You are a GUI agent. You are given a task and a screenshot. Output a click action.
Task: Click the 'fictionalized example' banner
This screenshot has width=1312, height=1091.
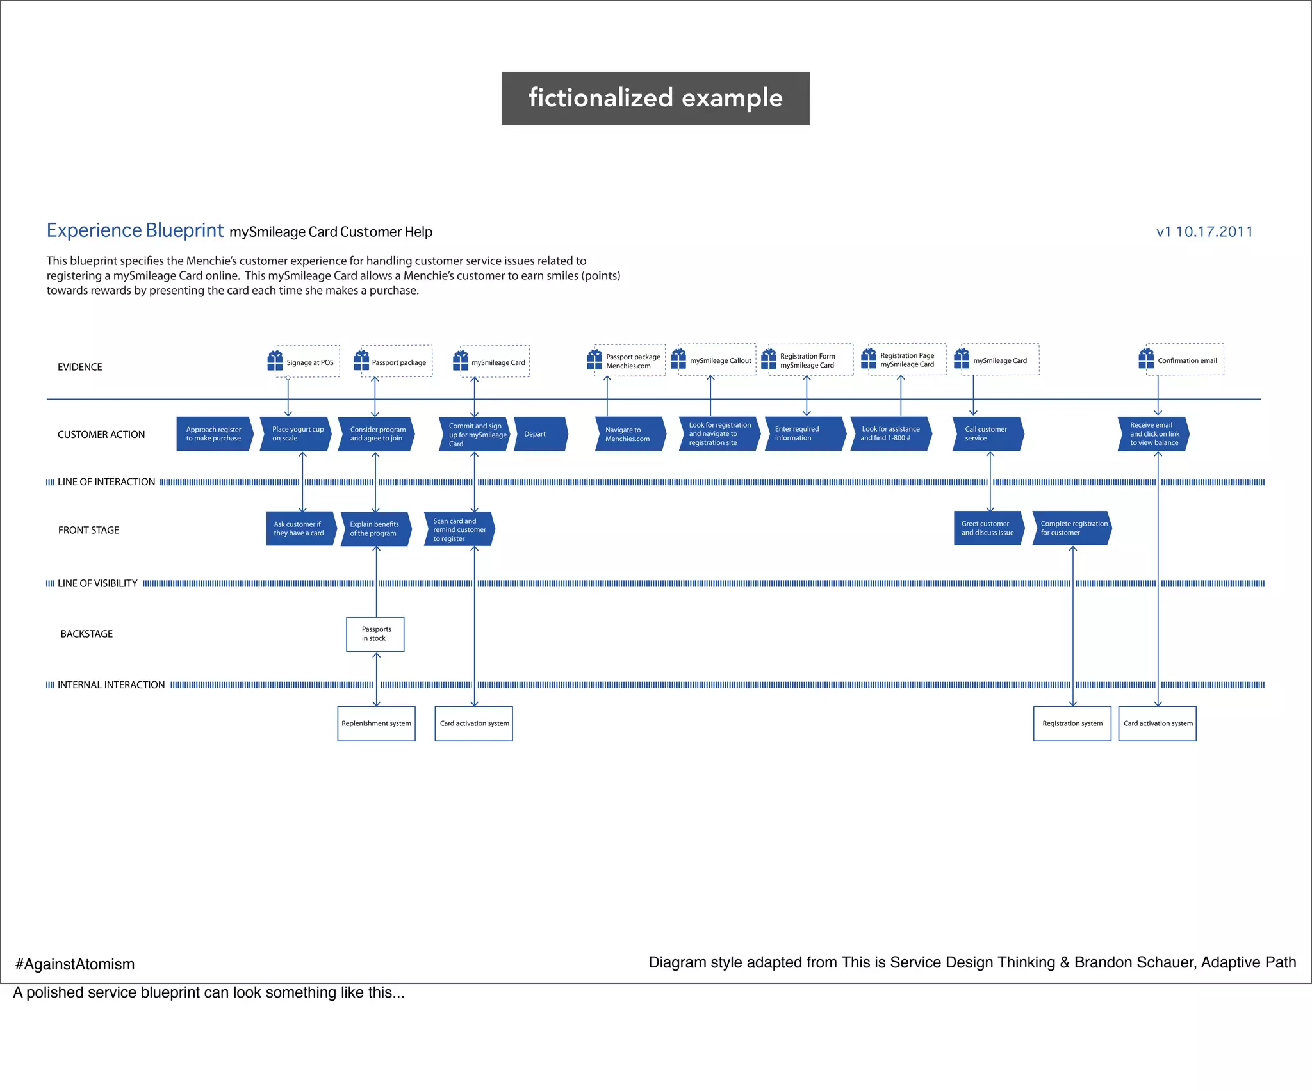(655, 98)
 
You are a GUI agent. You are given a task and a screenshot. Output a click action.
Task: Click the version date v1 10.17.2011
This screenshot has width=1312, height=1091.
(1204, 232)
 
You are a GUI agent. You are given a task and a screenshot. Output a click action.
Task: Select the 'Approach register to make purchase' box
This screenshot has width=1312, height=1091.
(214, 434)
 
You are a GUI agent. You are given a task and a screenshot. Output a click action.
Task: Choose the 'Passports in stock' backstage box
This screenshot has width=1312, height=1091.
(375, 634)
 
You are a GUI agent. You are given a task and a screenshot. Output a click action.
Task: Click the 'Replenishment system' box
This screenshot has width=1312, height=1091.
(376, 723)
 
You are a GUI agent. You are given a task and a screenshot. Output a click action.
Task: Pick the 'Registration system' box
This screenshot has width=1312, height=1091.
(1072, 723)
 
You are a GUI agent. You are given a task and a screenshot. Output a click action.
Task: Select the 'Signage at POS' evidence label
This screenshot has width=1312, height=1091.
(310, 362)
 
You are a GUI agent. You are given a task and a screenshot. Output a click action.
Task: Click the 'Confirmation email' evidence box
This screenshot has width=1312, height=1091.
(1186, 360)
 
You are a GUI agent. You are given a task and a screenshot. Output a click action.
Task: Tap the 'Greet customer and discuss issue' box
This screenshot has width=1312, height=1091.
(987, 528)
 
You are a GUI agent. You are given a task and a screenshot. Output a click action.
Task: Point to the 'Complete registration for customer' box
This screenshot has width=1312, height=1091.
(1072, 528)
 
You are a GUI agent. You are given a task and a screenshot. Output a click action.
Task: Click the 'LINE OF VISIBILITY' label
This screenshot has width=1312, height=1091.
(97, 583)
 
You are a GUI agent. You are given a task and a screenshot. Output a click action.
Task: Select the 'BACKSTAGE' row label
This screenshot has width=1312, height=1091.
(86, 634)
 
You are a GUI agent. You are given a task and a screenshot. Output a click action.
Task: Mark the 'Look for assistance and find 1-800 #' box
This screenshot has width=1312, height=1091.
(890, 433)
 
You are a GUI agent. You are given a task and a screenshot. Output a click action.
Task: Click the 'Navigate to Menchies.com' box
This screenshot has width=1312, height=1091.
(629, 434)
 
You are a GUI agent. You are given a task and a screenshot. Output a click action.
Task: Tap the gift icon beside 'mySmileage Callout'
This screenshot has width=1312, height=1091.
(678, 359)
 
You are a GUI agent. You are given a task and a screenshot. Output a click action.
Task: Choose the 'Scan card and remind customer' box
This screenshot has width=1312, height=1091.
(459, 529)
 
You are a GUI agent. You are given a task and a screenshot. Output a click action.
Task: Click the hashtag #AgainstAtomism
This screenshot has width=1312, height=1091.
(75, 964)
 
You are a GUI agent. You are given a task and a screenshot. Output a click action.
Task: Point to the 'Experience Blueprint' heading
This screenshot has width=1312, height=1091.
(135, 230)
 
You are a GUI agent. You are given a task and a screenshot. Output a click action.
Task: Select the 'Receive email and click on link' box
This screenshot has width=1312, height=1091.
(1153, 434)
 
